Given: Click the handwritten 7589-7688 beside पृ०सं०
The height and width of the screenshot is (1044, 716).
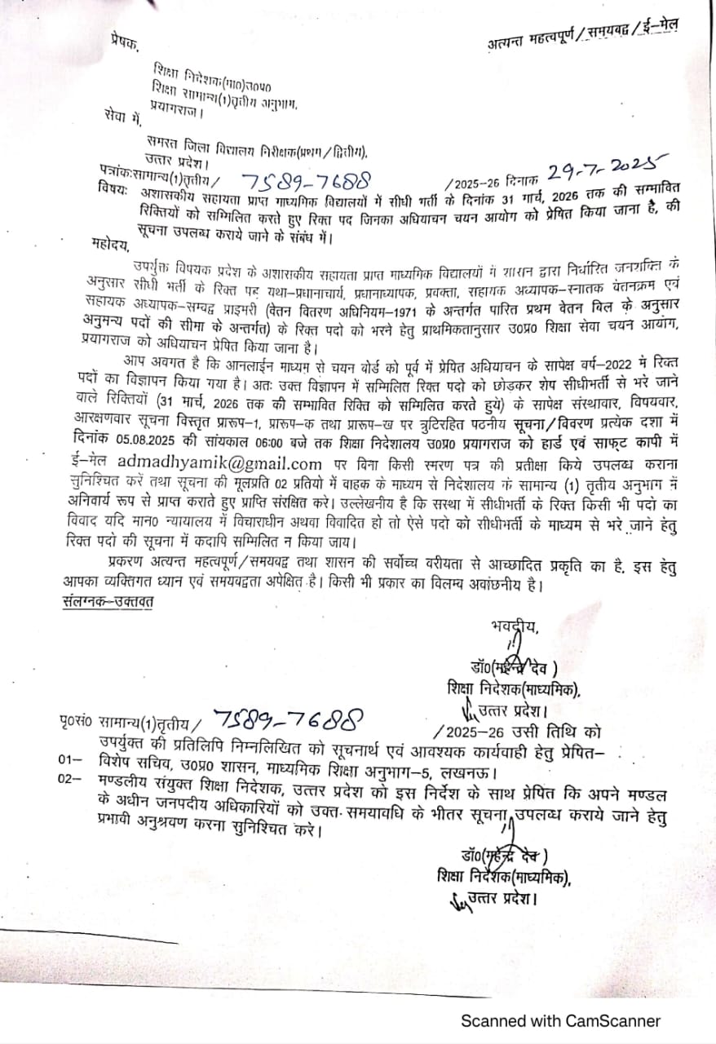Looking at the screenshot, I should click(x=289, y=720).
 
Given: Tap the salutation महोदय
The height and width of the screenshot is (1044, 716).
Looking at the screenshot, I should click(x=110, y=243).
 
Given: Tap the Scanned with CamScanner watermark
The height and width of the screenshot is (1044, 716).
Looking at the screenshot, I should click(x=561, y=1020).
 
